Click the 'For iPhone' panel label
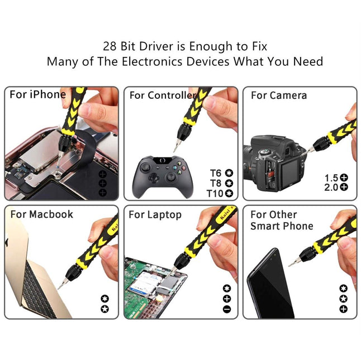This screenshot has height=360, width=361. tap(37, 94)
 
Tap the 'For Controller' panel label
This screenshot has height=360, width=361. tap(163, 95)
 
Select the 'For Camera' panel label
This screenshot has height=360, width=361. tap(278, 95)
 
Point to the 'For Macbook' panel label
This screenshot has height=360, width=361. tap(41, 214)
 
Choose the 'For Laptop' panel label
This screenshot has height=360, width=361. tap(155, 215)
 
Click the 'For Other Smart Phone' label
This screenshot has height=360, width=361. tap(281, 220)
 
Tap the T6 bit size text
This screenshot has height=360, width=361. tap(216, 173)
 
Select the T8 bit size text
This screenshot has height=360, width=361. tap(216, 183)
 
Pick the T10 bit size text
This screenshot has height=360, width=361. tap(215, 193)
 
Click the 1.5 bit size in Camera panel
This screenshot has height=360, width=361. tap(331, 178)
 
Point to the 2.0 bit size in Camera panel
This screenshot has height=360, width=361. tap(331, 187)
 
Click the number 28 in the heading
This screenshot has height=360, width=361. tap(111, 46)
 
